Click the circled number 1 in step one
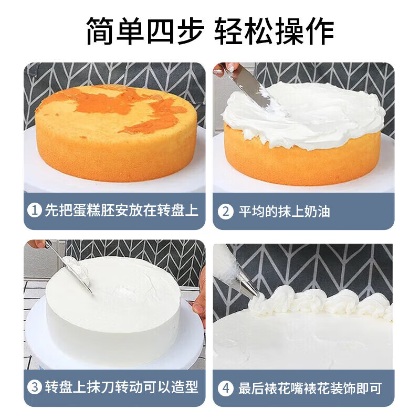(x=35, y=211)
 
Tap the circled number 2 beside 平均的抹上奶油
(x=225, y=212)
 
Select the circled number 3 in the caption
(x=35, y=388)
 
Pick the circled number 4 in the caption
(x=225, y=388)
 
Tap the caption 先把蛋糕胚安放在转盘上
(x=121, y=211)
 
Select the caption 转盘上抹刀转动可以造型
(x=121, y=388)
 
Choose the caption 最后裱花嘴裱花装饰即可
(x=310, y=388)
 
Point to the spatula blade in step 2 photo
(x=252, y=89)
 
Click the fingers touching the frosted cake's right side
(x=199, y=304)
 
